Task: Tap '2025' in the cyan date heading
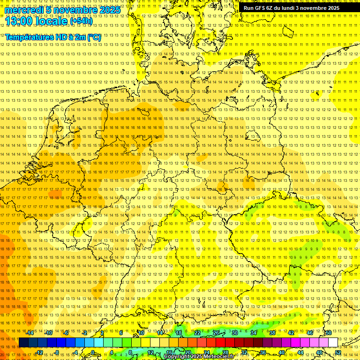click(x=108, y=10)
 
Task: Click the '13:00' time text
click(x=19, y=21)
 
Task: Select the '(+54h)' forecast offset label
click(x=81, y=21)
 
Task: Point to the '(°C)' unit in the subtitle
click(x=93, y=37)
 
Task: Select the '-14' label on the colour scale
click(x=30, y=333)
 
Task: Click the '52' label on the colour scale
click(x=338, y=352)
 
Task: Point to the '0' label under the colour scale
click(x=93, y=352)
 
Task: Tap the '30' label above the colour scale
click(x=235, y=333)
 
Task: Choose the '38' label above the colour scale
click(x=272, y=333)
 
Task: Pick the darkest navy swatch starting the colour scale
click(x=23, y=343)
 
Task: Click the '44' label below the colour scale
click(x=300, y=352)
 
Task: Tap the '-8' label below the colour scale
click(x=57, y=352)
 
